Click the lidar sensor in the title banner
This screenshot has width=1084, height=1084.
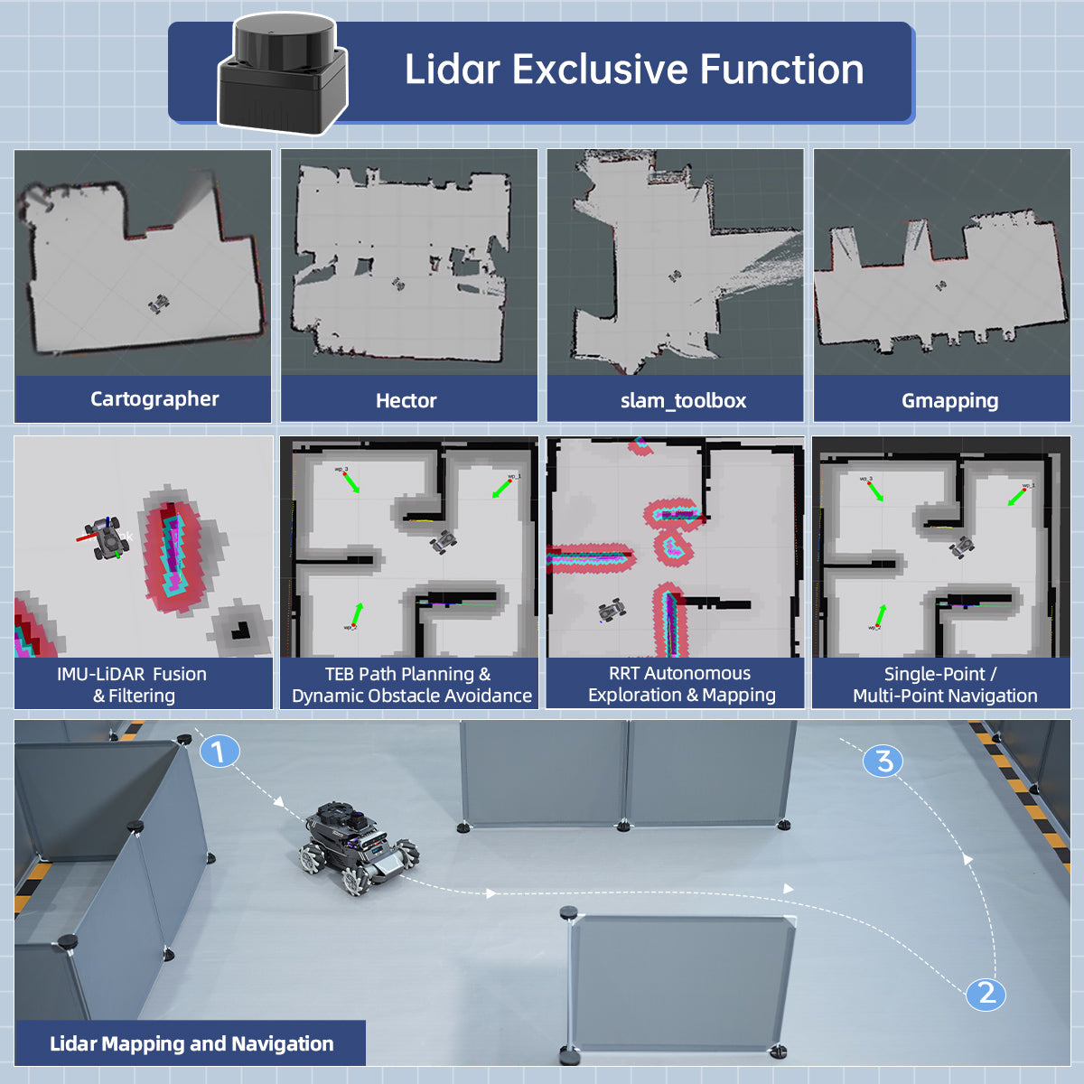click(x=283, y=76)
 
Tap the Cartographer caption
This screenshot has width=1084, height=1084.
click(x=154, y=399)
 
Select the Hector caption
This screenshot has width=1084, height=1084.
click(x=406, y=401)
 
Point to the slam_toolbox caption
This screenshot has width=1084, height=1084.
click(x=683, y=401)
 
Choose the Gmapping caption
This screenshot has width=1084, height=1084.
click(x=949, y=401)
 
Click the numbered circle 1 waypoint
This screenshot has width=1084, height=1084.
click(x=219, y=751)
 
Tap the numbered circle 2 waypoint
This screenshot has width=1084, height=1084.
click(x=986, y=994)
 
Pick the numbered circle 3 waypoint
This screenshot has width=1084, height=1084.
click(x=883, y=761)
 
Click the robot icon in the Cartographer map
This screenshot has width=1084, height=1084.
click(x=159, y=304)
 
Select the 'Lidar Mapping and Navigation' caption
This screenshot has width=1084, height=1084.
click(x=192, y=1044)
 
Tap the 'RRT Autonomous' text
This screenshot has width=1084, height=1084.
click(x=679, y=673)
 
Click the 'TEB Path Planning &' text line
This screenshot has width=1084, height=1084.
click(x=407, y=674)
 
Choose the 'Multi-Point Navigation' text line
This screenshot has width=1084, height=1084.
click(x=945, y=696)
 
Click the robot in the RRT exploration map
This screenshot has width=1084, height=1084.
click(x=612, y=611)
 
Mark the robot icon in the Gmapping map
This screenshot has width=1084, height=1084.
click(x=941, y=285)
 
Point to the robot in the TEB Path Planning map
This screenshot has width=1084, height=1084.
click(x=444, y=541)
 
